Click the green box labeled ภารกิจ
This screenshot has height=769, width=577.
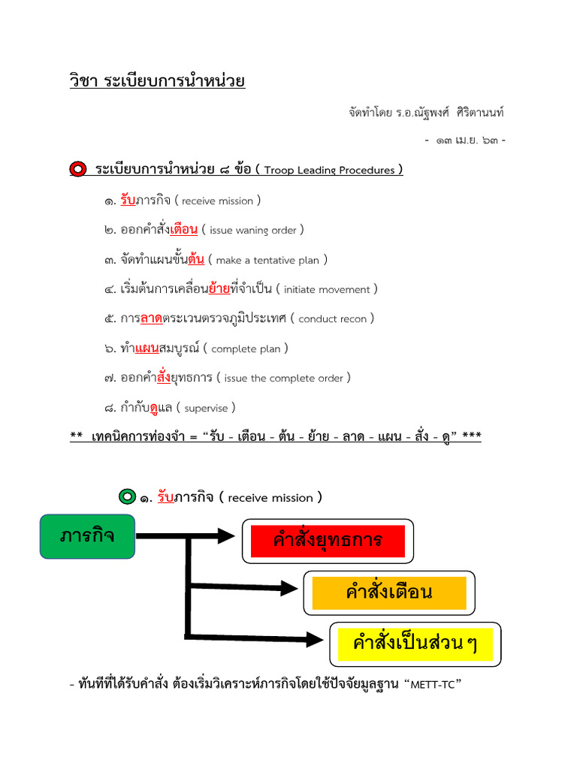(88, 537)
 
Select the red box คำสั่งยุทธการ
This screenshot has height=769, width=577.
(328, 541)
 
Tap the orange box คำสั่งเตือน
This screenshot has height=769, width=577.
(389, 593)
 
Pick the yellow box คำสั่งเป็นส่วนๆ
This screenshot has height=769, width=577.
(415, 644)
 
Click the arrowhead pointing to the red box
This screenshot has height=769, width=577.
(226, 536)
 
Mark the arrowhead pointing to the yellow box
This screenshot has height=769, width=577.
(314, 638)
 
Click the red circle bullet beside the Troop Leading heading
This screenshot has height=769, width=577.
(77, 170)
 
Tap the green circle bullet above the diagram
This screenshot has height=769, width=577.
(127, 497)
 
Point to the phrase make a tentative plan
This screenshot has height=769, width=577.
(267, 261)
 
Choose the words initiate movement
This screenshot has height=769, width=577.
(327, 290)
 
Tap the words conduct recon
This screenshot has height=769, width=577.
(332, 319)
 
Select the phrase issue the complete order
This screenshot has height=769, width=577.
(283, 378)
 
